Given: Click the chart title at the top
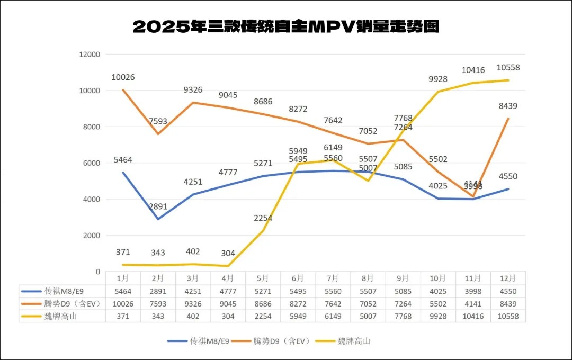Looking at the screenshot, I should [x=286, y=26].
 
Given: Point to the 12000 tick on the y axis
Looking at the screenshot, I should [x=89, y=55].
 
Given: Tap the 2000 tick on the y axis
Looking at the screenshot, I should [x=91, y=236].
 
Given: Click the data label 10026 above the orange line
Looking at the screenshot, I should [x=123, y=77].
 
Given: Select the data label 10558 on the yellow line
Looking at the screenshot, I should [x=509, y=67].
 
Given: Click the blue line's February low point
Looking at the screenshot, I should [x=158, y=219].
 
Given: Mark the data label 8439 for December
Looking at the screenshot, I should [x=507, y=106].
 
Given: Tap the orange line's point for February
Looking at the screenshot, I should [x=158, y=134].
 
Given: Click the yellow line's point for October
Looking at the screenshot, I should [x=438, y=92].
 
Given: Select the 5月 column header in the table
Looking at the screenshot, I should [x=263, y=278].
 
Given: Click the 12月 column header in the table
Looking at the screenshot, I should [x=507, y=278].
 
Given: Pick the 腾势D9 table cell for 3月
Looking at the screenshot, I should [x=193, y=303].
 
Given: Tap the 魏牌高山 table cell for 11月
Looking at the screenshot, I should [x=472, y=316].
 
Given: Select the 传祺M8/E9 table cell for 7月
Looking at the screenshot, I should [x=333, y=291].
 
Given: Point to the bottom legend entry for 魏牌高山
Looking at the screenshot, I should [x=353, y=341].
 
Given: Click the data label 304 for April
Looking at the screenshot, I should [x=228, y=253].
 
